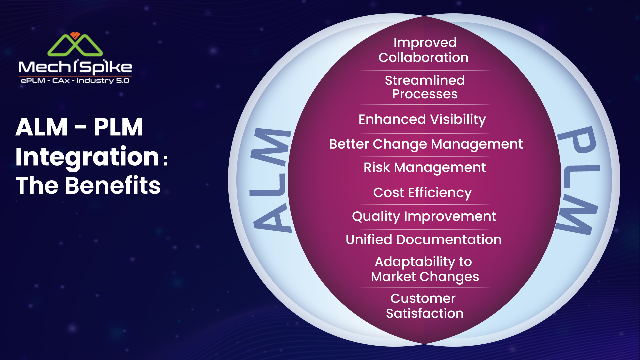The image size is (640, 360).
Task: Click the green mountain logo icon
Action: (75, 45)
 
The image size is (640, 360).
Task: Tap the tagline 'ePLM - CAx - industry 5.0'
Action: (75, 81)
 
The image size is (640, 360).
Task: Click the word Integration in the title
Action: (87, 157)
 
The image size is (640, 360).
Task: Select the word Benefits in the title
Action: (113, 185)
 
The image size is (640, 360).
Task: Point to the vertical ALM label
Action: (271, 180)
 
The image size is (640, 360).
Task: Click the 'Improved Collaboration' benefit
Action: (424, 50)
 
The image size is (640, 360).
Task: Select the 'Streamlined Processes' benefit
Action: (425, 87)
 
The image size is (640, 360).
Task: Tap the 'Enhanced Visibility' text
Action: (422, 119)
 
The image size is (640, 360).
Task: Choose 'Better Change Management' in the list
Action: (426, 144)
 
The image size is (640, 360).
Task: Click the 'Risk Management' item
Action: (425, 168)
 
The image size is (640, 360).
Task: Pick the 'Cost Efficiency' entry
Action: (422, 193)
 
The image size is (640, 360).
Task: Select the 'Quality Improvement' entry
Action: (424, 217)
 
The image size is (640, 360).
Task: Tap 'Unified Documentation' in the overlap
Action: (424, 240)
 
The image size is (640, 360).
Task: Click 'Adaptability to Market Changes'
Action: (425, 269)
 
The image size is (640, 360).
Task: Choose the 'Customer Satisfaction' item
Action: (424, 306)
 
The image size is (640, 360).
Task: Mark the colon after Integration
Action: (166, 159)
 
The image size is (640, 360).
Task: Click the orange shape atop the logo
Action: (75, 35)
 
